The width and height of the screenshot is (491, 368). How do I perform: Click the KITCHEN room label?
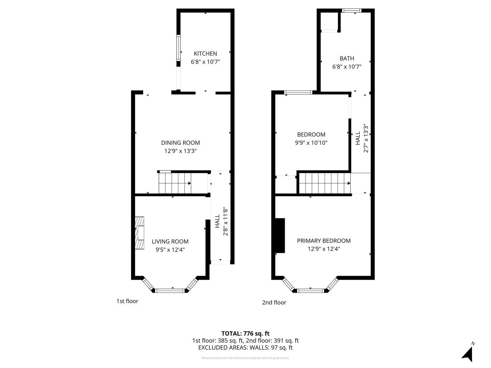pyautogui.click(x=205, y=53)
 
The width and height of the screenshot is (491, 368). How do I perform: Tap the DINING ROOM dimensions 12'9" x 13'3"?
pyautogui.click(x=180, y=151)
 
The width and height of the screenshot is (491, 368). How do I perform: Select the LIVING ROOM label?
pyautogui.click(x=170, y=241)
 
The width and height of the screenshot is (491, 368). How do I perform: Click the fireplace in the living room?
pyautogui.click(x=139, y=233)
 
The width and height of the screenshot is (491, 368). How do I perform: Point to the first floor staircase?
pyautogui.click(x=175, y=183)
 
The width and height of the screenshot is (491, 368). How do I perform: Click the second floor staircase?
pyautogui.click(x=325, y=183)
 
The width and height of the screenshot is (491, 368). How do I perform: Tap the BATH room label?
pyautogui.click(x=347, y=58)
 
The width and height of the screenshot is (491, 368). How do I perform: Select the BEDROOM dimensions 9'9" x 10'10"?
pyautogui.click(x=311, y=143)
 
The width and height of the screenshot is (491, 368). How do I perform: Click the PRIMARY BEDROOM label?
pyautogui.click(x=324, y=241)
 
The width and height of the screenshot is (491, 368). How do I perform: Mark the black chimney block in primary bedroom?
pyautogui.click(x=280, y=235)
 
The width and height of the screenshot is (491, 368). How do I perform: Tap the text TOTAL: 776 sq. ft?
pyautogui.click(x=245, y=333)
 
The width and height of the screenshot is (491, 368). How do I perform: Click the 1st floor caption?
pyautogui.click(x=127, y=301)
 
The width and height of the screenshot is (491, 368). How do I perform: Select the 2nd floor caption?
pyautogui.click(x=274, y=302)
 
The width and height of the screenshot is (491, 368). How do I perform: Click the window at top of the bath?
pyautogui.click(x=352, y=11)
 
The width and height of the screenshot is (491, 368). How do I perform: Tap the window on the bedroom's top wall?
pyautogui.click(x=298, y=92)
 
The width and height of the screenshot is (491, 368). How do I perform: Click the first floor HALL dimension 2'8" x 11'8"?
pyautogui.click(x=225, y=221)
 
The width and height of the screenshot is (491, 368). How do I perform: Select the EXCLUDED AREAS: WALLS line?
pyautogui.click(x=245, y=348)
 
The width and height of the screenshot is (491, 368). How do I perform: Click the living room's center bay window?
pyautogui.click(x=170, y=290)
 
